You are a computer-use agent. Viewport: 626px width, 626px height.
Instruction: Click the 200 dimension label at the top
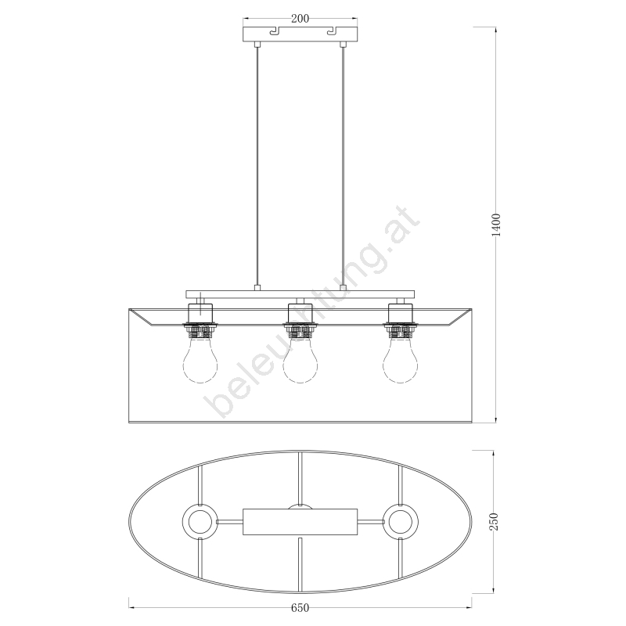pos(300,19)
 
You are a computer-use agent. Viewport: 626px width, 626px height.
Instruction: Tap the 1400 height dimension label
pos(496,225)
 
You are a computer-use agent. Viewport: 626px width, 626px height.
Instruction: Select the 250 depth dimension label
pos(494,522)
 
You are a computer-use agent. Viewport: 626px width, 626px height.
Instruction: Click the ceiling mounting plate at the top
pos(300,34)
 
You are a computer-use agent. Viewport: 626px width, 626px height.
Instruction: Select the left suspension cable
pos(257,166)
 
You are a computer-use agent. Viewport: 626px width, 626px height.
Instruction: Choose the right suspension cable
pos(343,166)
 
